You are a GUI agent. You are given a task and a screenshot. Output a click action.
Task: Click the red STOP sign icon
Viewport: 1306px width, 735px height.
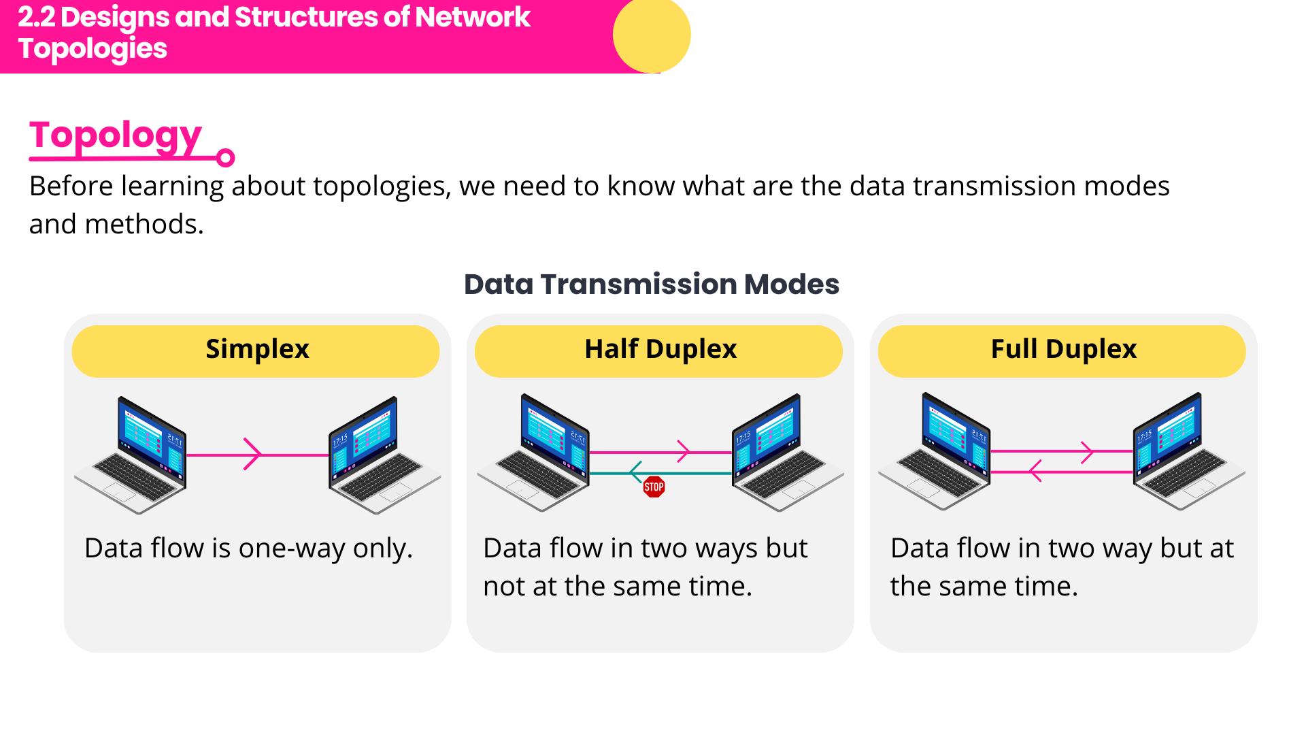(654, 487)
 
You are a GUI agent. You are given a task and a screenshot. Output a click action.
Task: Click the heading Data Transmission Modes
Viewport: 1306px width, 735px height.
(651, 284)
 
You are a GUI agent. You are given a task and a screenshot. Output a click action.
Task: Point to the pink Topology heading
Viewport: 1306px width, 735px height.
(115, 135)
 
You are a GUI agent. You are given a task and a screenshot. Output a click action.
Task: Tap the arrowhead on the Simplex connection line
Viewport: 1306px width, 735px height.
(252, 454)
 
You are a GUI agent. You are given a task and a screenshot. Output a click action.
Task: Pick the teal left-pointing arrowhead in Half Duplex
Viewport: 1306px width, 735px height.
(636, 472)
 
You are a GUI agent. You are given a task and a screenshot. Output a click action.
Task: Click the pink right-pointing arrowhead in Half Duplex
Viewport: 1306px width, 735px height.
(684, 451)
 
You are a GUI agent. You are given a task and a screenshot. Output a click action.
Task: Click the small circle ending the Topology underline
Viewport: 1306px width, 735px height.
(225, 158)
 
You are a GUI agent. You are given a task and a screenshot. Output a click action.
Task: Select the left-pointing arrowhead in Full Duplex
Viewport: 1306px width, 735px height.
(1036, 470)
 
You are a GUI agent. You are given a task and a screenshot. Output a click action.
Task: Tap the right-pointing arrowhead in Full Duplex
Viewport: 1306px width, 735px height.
(1087, 451)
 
